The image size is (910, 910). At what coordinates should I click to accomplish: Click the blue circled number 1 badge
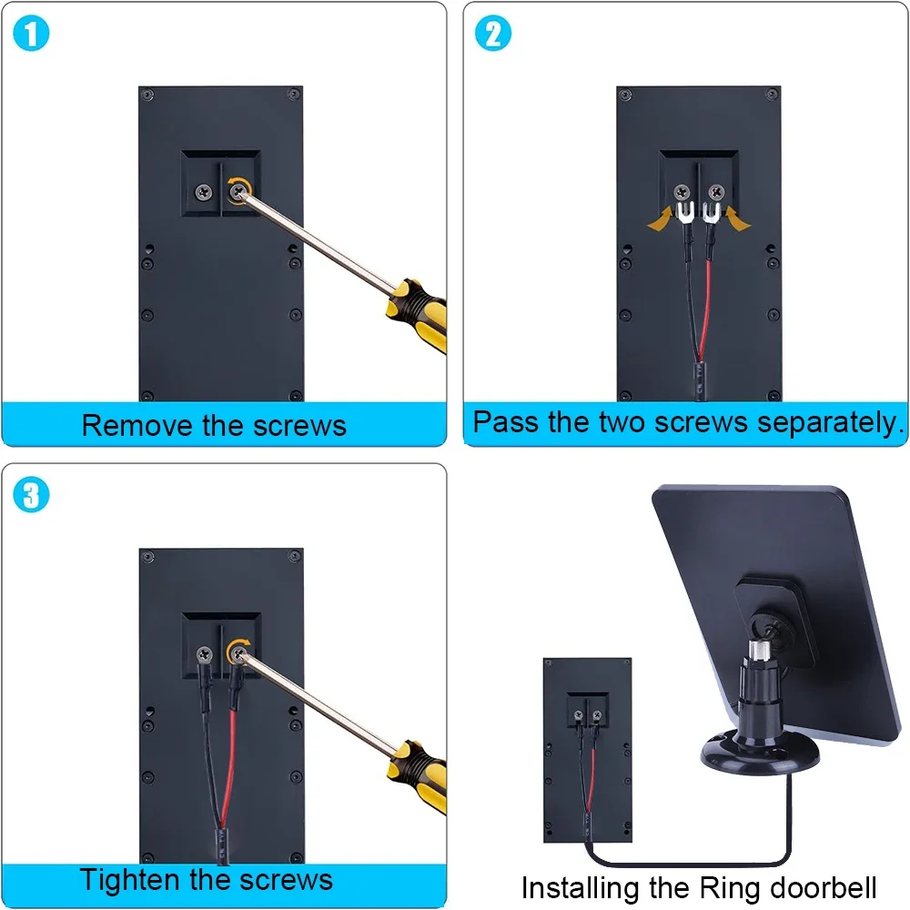[33, 34]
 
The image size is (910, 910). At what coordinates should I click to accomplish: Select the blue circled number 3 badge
[33, 496]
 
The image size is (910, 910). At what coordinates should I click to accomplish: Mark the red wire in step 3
[234, 755]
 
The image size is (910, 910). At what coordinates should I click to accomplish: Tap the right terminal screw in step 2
[717, 191]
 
